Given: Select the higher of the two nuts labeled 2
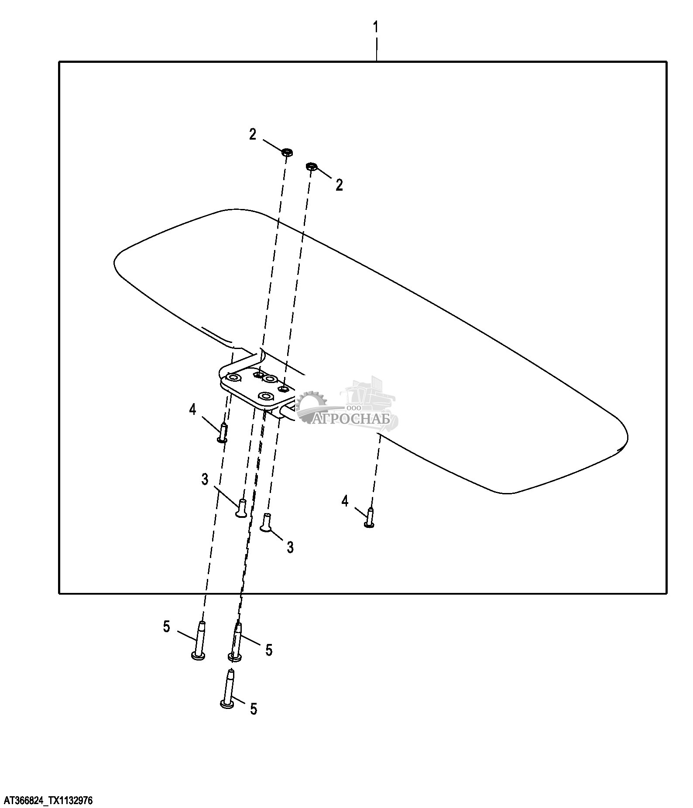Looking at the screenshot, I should (x=287, y=152).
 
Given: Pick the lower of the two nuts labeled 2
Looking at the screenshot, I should (x=311, y=166).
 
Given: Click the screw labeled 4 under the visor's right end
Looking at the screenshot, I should (x=370, y=518).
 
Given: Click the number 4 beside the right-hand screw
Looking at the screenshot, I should (x=345, y=501).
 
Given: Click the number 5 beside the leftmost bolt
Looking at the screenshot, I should (x=166, y=627).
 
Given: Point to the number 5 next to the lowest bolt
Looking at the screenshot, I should (x=254, y=709).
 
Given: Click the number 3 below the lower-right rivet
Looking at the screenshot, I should (x=290, y=547).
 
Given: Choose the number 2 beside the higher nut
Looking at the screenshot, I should (x=253, y=135).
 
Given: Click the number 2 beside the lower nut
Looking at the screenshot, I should (x=339, y=185).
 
